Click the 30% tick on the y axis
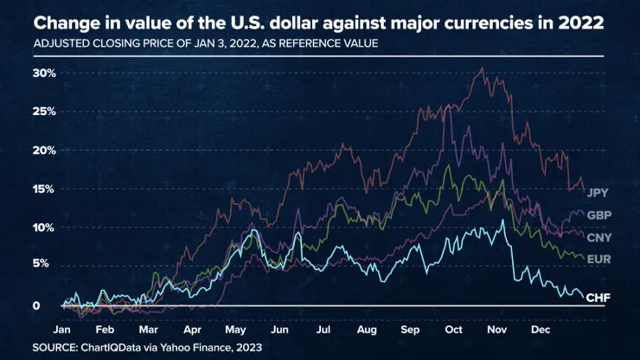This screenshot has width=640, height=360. [x=44, y=73]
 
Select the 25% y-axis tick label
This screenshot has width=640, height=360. [x=44, y=112]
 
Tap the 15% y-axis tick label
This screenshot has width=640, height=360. [x=44, y=189]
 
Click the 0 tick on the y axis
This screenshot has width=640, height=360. [x=37, y=305]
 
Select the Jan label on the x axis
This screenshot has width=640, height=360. [x=61, y=330]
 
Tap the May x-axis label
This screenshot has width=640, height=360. [x=235, y=330]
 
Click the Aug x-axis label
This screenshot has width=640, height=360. [x=366, y=330]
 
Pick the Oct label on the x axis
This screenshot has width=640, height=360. [x=454, y=330]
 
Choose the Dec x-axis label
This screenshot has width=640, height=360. [x=541, y=330]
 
